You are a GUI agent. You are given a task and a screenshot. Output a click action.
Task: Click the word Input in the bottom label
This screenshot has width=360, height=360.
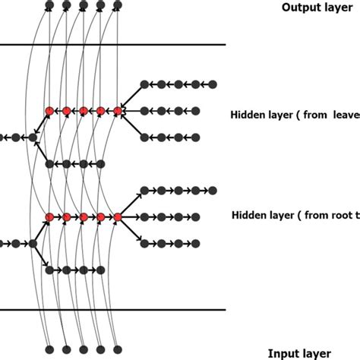283,353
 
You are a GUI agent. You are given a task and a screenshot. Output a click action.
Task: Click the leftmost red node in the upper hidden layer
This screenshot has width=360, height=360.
50,111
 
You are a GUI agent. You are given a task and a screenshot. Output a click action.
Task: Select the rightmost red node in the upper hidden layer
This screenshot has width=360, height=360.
118,111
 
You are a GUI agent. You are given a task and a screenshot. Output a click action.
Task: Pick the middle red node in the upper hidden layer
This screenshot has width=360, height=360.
84,111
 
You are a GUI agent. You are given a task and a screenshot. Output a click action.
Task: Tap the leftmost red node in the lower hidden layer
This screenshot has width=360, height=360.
50,217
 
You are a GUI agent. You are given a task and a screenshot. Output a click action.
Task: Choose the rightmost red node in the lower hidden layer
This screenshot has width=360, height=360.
118,217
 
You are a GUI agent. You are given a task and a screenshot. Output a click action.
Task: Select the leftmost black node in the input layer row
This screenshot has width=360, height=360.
49,349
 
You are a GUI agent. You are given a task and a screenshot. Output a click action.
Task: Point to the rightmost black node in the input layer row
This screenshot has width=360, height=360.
116,349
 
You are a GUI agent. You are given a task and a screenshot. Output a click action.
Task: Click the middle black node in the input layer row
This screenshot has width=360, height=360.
83,349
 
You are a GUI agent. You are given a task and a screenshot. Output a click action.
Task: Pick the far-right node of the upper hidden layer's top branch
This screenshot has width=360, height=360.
213,84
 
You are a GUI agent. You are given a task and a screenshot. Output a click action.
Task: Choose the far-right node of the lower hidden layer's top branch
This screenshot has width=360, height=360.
213,189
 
